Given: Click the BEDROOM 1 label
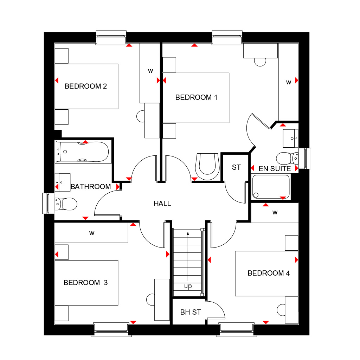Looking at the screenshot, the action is coord(196,97).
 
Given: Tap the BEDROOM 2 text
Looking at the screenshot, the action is coord(86,86).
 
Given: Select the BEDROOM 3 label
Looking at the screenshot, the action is coord(85,282).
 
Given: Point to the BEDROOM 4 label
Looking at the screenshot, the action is coord(269,273).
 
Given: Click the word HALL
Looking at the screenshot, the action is coord(162,204).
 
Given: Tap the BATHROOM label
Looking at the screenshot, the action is coord(91,187).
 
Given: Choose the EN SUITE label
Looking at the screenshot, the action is coord(275,169).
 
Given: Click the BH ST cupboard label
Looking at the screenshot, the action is coord(191,312).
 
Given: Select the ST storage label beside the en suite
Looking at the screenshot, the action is coord(236,167).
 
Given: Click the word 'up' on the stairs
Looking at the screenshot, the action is coord(188,286).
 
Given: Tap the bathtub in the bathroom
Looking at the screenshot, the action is coord(83,152).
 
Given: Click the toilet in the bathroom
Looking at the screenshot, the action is coord(66,204).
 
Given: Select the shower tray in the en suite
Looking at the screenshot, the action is coord(271,186).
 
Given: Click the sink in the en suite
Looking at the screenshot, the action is coord(290,138).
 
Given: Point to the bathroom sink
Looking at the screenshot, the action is coord(63,182).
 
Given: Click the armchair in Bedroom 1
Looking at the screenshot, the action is coord(207,166).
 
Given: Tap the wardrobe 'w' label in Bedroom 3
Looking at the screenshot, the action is coord(92,233).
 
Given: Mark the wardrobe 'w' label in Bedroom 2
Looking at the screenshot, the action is coord(150,71).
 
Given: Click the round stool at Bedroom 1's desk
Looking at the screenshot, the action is coord(260,62).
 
